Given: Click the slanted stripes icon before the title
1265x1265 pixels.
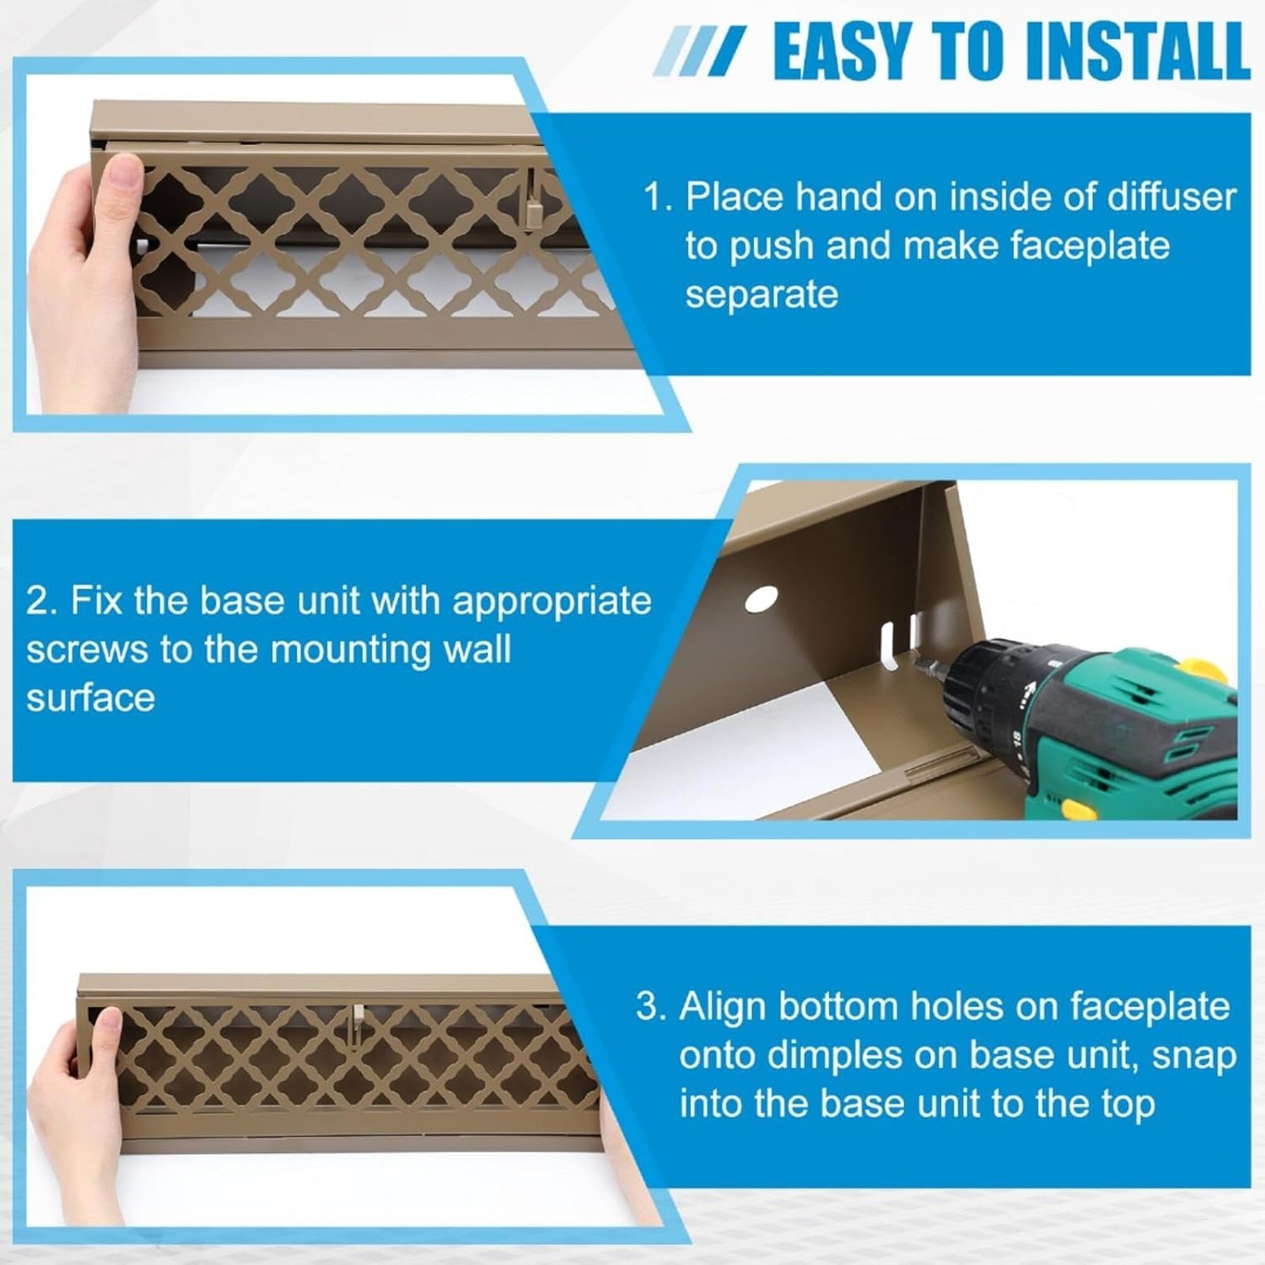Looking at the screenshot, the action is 700,51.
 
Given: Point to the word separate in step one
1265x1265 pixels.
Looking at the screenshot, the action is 762,294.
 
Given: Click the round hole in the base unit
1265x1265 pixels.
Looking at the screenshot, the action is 762,598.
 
